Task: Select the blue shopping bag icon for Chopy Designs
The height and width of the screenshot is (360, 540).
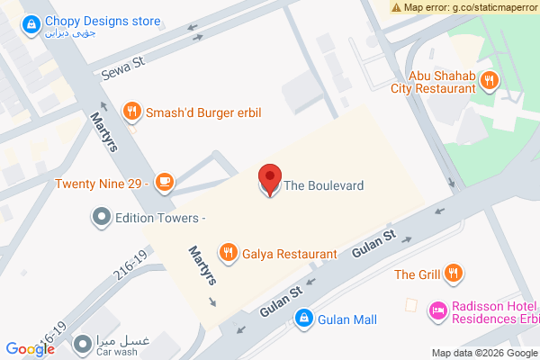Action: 31,22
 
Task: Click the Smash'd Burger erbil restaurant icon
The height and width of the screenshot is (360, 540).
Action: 132,112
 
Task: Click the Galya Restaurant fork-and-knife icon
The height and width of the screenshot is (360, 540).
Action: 229,254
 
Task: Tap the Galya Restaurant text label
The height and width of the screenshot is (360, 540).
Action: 289,254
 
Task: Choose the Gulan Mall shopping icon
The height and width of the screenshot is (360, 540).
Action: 304,319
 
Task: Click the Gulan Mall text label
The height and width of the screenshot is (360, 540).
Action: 346,319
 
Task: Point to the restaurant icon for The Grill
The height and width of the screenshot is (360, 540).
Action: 454,274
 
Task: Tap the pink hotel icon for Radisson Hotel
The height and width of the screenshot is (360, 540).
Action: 438,310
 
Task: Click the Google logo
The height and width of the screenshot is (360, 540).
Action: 30,349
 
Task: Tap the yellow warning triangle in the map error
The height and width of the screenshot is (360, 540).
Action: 397,7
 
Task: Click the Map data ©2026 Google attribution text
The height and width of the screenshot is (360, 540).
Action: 483,353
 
